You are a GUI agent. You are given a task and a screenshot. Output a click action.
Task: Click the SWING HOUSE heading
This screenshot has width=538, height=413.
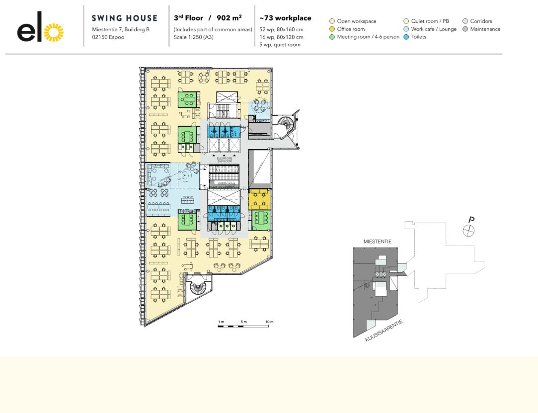(x=125, y=18)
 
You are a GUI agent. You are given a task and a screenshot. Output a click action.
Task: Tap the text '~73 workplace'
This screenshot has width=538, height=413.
(x=286, y=18)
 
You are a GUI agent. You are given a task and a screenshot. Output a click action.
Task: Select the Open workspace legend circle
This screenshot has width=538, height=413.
(x=332, y=21)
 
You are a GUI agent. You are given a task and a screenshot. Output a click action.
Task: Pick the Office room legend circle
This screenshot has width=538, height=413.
(x=332, y=29)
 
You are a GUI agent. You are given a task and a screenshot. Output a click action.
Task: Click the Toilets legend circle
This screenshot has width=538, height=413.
(x=406, y=37)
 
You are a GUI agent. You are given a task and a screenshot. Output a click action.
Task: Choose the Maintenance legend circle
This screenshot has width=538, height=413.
(x=465, y=29)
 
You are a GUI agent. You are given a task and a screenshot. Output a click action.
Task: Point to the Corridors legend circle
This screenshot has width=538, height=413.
(x=465, y=21)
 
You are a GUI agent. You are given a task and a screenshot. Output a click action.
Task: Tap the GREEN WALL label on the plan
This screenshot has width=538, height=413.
(x=223, y=183)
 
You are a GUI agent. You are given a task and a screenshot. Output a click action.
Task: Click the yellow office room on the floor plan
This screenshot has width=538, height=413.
(x=260, y=199)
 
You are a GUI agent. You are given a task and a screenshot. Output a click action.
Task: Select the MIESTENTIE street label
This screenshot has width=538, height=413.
(x=378, y=242)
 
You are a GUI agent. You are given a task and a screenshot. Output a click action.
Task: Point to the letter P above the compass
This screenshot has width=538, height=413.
(x=471, y=220)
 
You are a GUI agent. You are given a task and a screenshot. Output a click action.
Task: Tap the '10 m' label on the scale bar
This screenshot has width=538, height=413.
(x=269, y=322)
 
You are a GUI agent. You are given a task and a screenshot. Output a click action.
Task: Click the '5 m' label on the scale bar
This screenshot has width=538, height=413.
(x=243, y=322)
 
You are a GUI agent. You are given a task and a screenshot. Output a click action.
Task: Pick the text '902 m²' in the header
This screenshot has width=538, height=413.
(x=229, y=18)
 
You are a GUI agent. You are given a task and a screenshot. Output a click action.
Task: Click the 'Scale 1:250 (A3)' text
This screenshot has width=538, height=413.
(x=197, y=37)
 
